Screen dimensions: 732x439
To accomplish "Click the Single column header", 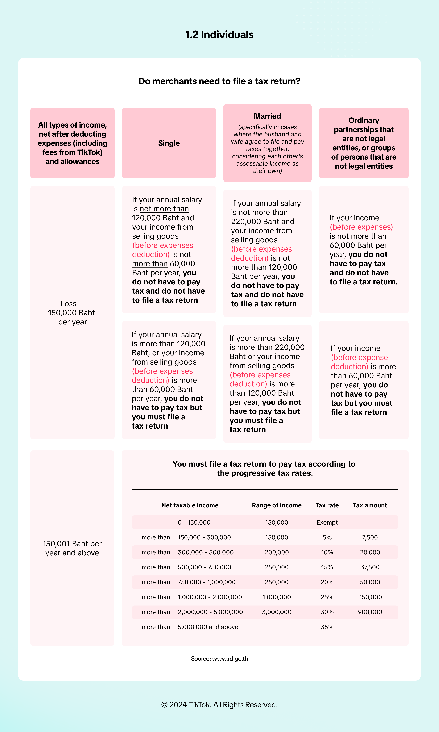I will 169,143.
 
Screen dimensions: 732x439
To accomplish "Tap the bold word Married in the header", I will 267,116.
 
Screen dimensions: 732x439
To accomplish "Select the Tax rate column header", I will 327,505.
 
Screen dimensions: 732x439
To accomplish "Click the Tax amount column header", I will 370,505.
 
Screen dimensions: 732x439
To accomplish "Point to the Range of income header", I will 277,505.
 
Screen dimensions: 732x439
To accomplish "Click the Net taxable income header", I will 190,505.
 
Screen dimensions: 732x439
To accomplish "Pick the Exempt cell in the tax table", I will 327,522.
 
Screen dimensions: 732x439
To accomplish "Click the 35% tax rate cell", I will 327,627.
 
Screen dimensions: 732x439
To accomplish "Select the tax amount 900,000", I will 370,612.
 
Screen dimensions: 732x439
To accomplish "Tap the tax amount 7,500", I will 370,537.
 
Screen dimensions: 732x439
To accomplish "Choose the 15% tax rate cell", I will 327,567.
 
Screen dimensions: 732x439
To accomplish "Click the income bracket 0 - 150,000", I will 194,522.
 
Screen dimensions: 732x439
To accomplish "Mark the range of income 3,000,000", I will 277,612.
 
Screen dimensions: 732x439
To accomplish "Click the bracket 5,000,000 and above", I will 208,627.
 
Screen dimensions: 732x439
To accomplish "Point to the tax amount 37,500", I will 370,567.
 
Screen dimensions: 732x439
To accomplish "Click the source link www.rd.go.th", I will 230,659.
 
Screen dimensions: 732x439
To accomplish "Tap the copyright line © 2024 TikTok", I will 219,705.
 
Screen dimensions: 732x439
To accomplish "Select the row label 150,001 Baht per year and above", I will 72,548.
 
